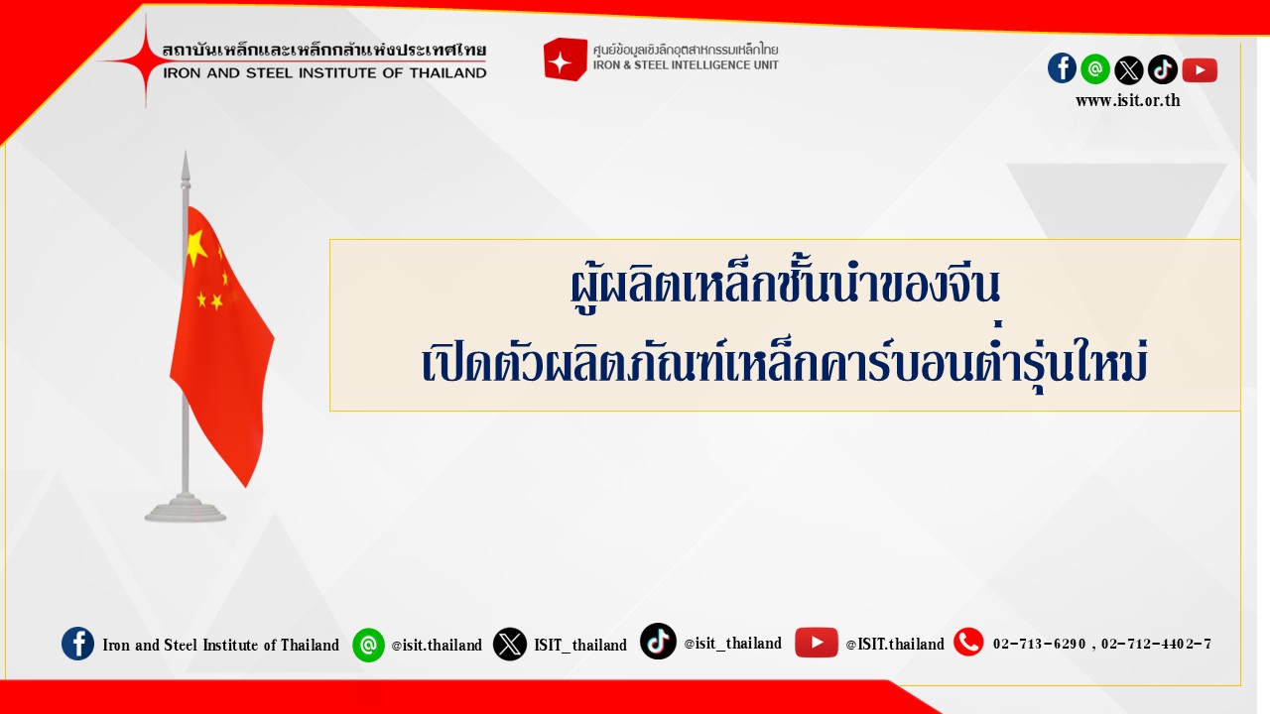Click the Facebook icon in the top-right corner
coord(1062,68)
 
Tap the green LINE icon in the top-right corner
coord(1095,69)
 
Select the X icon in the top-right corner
coord(1129,70)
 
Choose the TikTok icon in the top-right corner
coord(1162,69)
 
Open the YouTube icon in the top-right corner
coord(1200,70)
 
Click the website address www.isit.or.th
coord(1128,100)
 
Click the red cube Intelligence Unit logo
coord(565,59)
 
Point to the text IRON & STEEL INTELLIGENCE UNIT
coord(686,65)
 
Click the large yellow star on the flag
coord(196,247)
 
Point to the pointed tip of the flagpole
coord(185,151)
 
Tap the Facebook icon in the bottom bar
coord(77,644)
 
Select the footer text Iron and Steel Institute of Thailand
coord(220,645)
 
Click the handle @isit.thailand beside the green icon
coord(437,645)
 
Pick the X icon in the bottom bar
coord(510,645)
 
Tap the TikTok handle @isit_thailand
coord(732,644)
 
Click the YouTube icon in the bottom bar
coord(816,643)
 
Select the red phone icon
coord(968,642)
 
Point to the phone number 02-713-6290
coord(1039,644)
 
